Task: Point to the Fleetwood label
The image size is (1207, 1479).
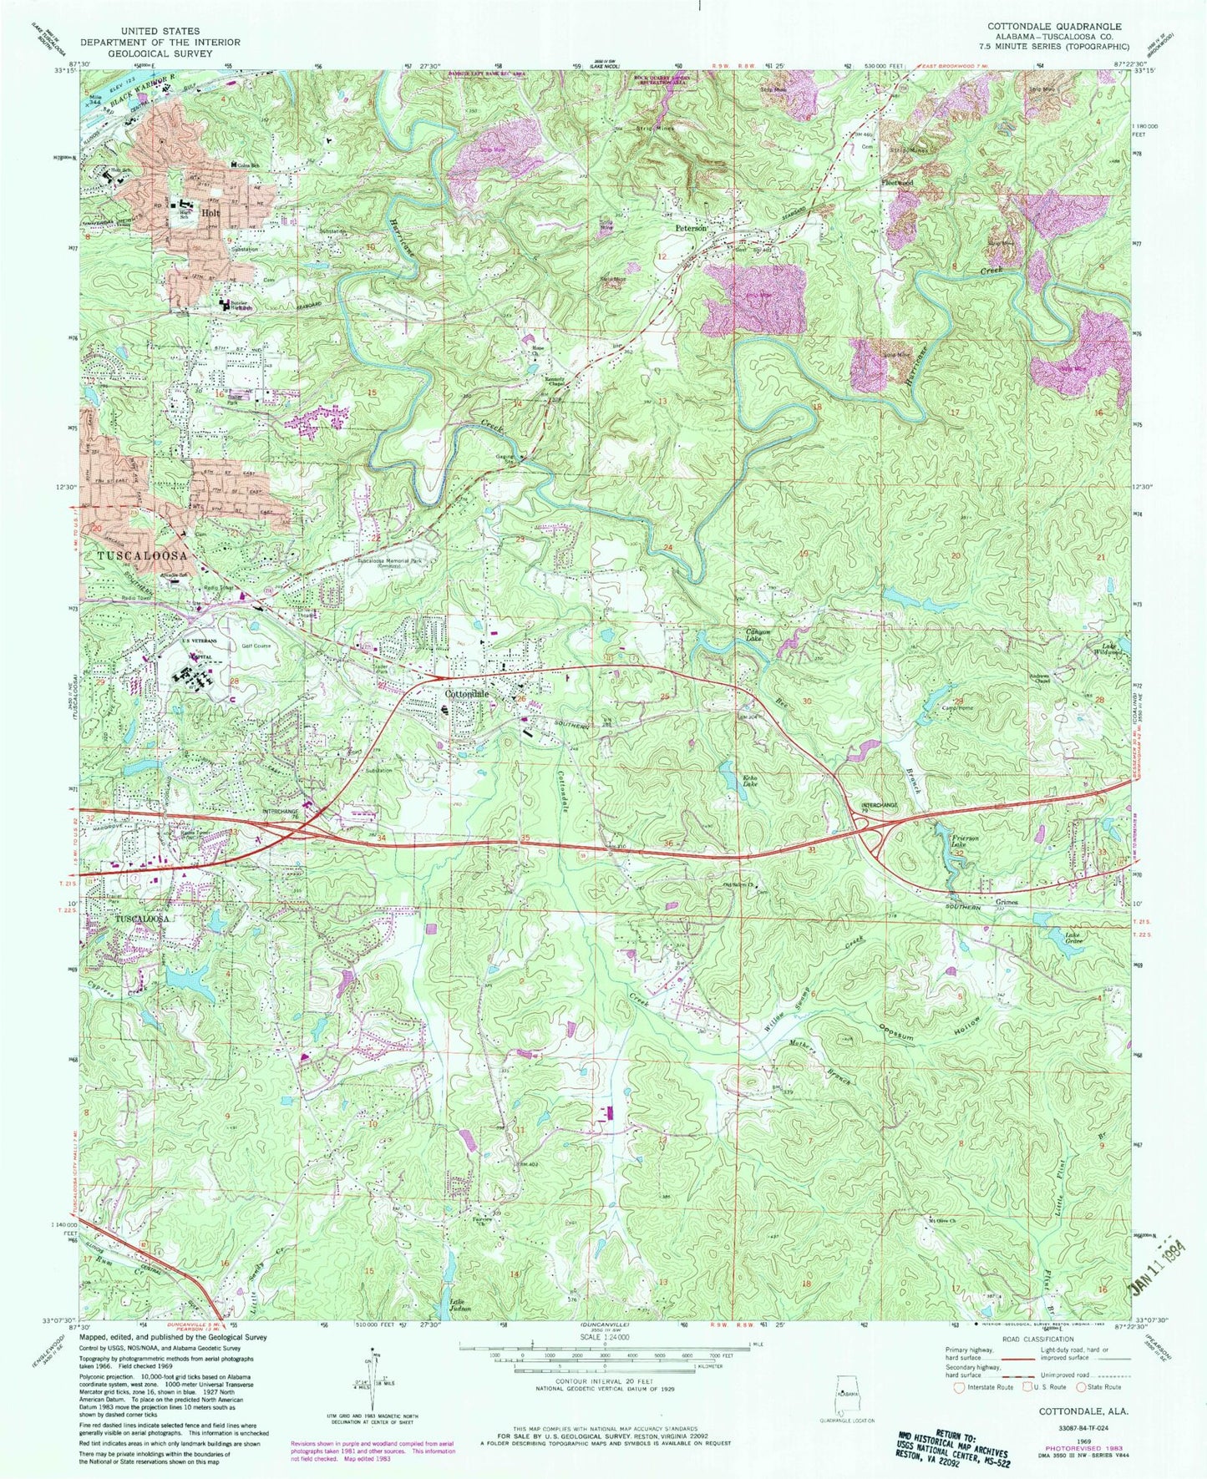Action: click(x=897, y=181)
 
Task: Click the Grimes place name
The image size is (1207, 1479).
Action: click(x=1011, y=903)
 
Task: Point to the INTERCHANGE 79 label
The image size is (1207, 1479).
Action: click(x=880, y=807)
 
